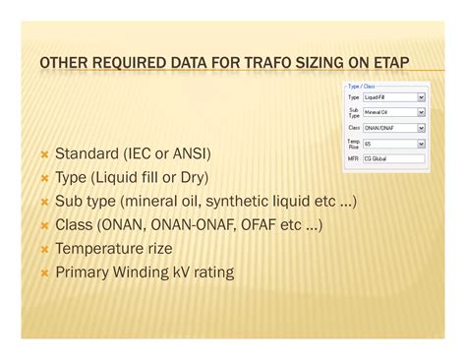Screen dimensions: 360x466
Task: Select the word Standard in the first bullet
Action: click(x=87, y=155)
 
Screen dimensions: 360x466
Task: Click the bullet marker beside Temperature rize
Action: click(x=44, y=250)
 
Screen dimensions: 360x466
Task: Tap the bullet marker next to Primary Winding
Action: click(x=44, y=273)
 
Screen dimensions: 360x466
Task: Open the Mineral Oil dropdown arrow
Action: click(x=421, y=113)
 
